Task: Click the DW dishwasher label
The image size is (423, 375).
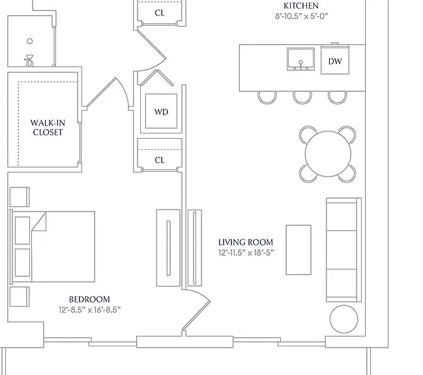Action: coord(335,61)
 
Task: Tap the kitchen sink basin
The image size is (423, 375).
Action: coord(300,59)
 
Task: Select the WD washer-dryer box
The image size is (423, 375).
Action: coord(162,111)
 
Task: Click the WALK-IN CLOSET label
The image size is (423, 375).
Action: coord(48,128)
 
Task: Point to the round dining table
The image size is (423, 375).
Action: coord(328,154)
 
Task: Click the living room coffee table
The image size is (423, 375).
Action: coord(299,250)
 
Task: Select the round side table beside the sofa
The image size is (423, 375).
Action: coord(343,319)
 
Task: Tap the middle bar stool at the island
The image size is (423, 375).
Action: coord(302,98)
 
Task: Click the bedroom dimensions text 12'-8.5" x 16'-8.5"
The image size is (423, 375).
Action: coord(90,310)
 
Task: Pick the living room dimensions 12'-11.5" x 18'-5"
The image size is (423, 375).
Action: coord(246,253)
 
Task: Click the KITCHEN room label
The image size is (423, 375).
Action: coord(301,6)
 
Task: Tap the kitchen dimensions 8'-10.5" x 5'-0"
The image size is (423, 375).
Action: coord(301,16)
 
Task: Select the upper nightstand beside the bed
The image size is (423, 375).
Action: coord(20,197)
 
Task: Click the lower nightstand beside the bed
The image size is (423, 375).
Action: coord(20,296)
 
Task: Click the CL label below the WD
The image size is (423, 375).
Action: coord(160,160)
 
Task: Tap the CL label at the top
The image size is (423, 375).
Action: coord(160,12)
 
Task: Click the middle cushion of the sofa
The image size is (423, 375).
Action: coord(342,250)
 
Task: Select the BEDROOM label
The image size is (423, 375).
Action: coord(89,299)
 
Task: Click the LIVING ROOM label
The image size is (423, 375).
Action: coord(246,242)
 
